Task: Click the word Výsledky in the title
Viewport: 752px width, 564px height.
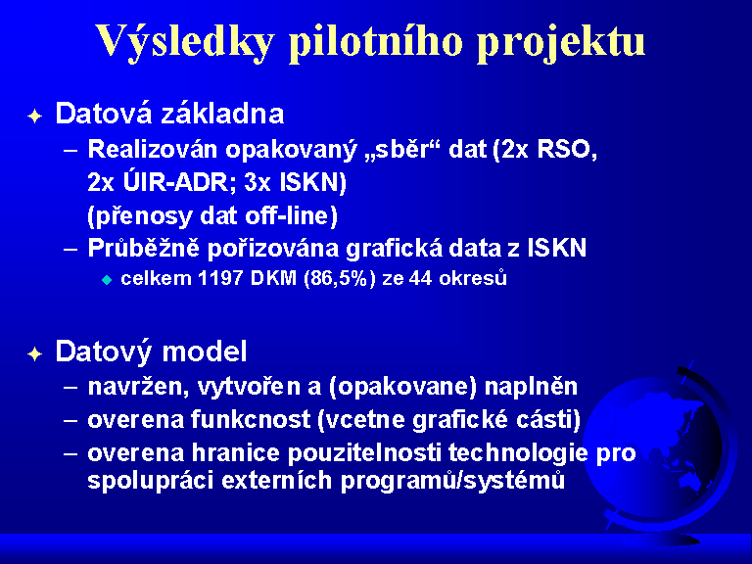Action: pos(185,41)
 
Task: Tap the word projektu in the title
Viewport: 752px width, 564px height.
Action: pos(561,42)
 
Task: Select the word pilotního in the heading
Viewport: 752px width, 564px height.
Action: pos(376,41)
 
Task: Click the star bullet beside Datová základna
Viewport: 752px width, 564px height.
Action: pos(35,117)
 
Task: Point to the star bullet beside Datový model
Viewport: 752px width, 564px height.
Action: pos(35,353)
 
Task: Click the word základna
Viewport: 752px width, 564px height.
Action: pos(222,114)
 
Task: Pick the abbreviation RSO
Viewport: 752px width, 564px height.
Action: pos(567,149)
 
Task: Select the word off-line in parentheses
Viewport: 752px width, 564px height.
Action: pos(291,215)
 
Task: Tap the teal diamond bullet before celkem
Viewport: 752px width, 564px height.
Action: pos(107,280)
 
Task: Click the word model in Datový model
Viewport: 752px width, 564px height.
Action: pos(205,352)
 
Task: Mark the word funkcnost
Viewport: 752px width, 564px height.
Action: pos(251,420)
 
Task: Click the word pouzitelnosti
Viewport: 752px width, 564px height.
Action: pos(364,453)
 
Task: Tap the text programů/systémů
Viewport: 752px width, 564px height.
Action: pos(452,481)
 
